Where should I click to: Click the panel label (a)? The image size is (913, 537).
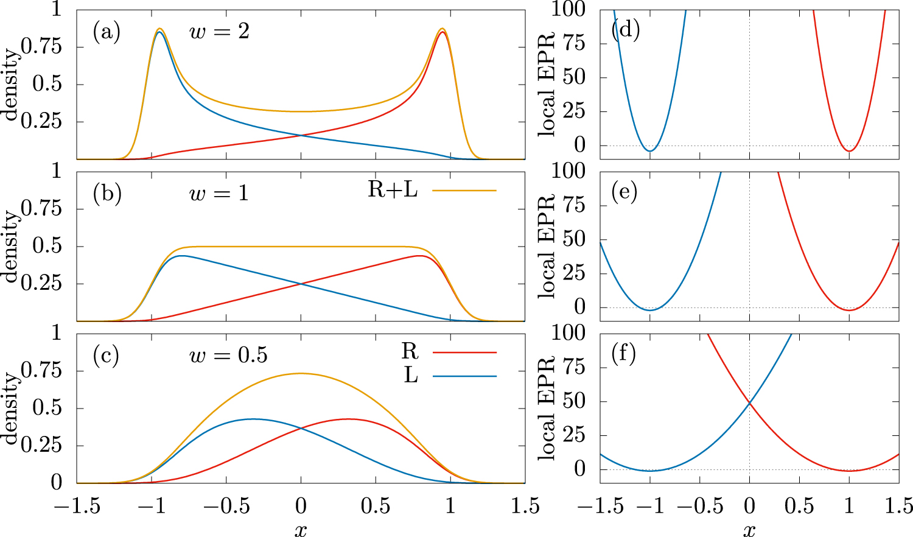[107, 32]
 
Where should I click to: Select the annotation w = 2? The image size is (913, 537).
[220, 32]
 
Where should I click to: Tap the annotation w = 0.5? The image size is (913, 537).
[228, 356]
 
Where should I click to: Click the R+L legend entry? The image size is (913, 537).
[393, 190]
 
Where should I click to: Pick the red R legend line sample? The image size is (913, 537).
[464, 353]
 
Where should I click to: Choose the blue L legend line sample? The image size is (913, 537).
[464, 376]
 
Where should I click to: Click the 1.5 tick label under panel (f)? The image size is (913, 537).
[898, 507]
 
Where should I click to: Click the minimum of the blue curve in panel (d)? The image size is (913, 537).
[650, 150]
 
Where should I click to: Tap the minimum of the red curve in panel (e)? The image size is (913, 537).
[849, 311]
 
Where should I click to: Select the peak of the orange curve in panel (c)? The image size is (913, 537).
[301, 373]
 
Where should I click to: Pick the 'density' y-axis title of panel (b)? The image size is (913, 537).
[11, 247]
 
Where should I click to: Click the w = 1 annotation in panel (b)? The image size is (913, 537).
[219, 194]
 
